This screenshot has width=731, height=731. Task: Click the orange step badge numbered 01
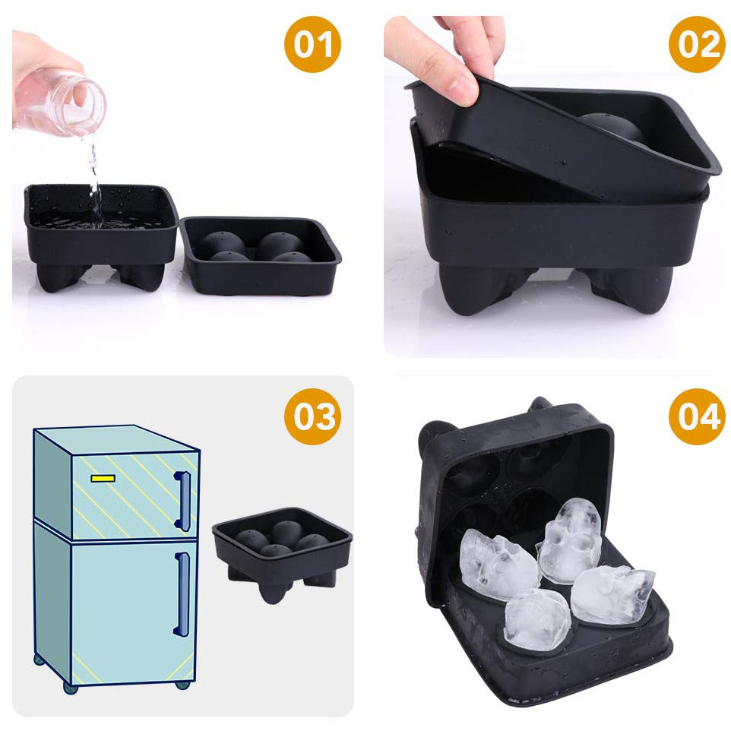[x=312, y=44]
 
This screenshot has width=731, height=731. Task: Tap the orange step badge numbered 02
[x=697, y=44]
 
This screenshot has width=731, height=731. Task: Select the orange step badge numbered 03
[x=312, y=416]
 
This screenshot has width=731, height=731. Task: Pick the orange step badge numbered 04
[x=697, y=416]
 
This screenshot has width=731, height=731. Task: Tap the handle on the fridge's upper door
[x=182, y=502]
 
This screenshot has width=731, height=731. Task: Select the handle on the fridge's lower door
[x=182, y=594]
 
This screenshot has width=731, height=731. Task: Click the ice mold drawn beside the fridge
[x=282, y=552]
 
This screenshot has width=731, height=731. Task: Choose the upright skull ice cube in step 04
[x=570, y=541]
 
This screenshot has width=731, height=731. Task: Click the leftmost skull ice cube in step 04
[x=496, y=563]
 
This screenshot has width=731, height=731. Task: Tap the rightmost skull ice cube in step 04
[x=612, y=594]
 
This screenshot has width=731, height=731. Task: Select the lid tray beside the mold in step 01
[x=261, y=255]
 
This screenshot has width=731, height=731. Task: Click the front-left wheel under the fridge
[x=71, y=688]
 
